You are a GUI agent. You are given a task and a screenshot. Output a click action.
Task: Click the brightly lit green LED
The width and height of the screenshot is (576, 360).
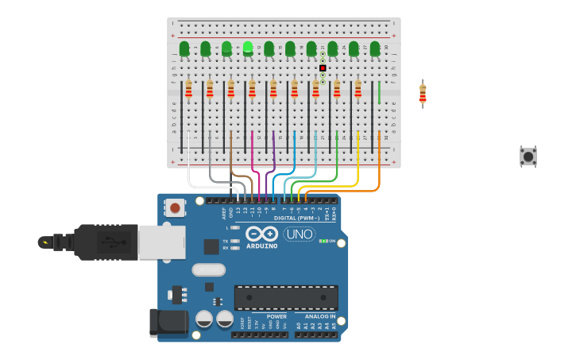[x=248, y=48]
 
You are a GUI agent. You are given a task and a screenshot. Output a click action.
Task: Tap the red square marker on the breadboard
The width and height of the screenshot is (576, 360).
[x=323, y=68]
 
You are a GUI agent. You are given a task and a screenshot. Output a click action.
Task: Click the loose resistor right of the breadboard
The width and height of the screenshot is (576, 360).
[x=423, y=94]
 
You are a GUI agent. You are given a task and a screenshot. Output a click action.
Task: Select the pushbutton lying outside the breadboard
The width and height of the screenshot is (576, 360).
[x=528, y=156]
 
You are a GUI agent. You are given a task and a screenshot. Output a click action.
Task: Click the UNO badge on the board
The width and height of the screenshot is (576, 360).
[x=300, y=234]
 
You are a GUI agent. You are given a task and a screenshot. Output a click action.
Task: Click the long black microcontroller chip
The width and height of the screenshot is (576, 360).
[x=286, y=297]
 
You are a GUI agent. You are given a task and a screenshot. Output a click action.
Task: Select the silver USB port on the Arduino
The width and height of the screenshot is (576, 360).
[x=161, y=242]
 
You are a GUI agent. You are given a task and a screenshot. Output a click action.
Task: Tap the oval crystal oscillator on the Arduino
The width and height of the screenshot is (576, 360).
[x=208, y=269]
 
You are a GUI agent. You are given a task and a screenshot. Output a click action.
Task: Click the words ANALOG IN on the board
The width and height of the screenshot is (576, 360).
[x=319, y=316]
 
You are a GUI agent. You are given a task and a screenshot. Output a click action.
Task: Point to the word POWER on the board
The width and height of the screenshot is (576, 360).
[x=276, y=316]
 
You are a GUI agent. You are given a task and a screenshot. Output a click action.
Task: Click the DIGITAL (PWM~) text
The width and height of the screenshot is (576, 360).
[x=299, y=218]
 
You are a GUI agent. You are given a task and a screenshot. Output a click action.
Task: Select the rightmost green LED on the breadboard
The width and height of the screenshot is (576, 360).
[x=375, y=48]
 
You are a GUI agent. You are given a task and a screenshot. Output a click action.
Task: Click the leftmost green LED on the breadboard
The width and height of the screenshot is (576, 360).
[x=184, y=48]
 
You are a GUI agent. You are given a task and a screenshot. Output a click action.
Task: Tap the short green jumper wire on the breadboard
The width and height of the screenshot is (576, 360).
[x=379, y=92]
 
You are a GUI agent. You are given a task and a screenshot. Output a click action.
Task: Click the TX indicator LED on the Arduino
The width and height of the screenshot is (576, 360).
[x=235, y=240]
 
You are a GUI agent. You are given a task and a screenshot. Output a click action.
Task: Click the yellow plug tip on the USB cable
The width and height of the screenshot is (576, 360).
[x=44, y=242]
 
